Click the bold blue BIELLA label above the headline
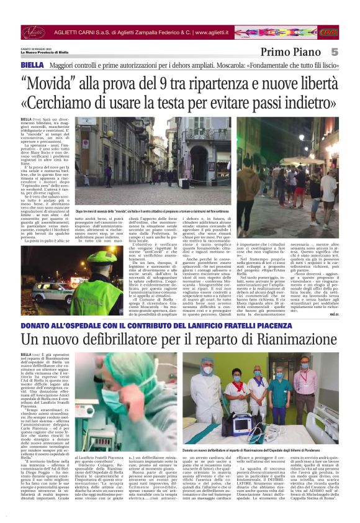(x=32, y=65)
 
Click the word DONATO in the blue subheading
(x=38, y=326)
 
